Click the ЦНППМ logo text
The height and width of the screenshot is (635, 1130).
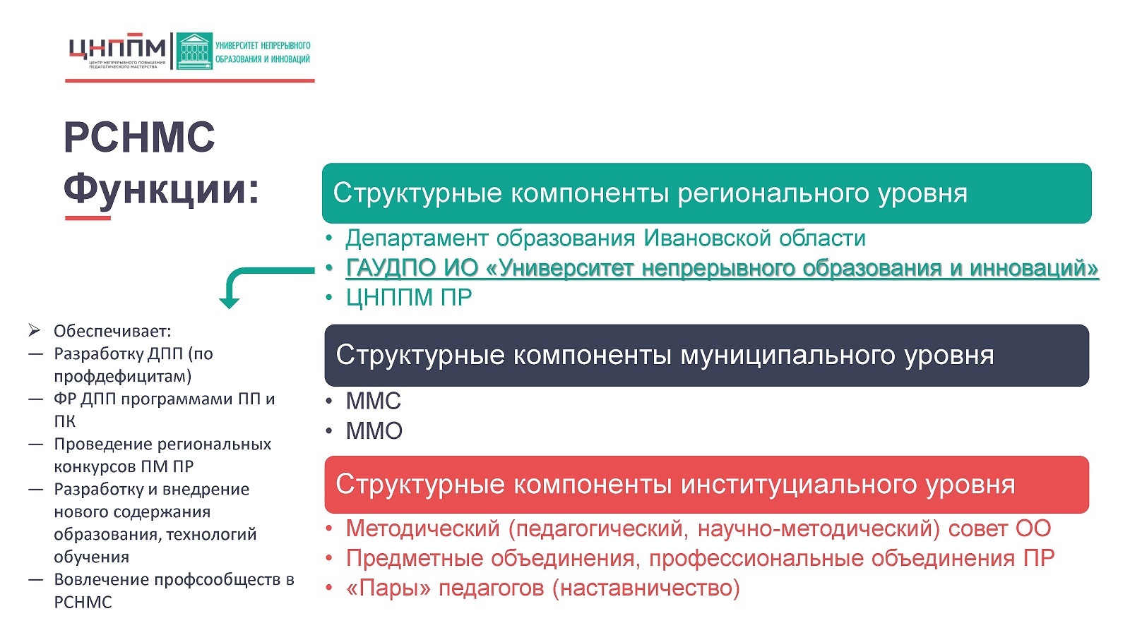(x=117, y=48)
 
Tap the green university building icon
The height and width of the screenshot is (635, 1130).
(x=194, y=51)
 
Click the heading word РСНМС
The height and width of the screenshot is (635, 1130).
(x=139, y=137)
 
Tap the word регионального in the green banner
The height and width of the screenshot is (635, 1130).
(x=773, y=193)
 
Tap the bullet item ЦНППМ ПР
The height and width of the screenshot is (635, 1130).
(x=409, y=297)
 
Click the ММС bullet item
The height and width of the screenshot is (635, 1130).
(x=374, y=401)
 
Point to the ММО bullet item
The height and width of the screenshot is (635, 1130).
(x=374, y=431)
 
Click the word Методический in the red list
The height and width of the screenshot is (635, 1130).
(x=423, y=528)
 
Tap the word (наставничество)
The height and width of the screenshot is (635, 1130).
(x=646, y=588)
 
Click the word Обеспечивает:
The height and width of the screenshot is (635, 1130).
(x=112, y=331)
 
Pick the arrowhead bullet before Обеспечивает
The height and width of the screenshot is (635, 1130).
(x=35, y=331)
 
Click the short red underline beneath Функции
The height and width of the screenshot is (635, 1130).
(x=88, y=218)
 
